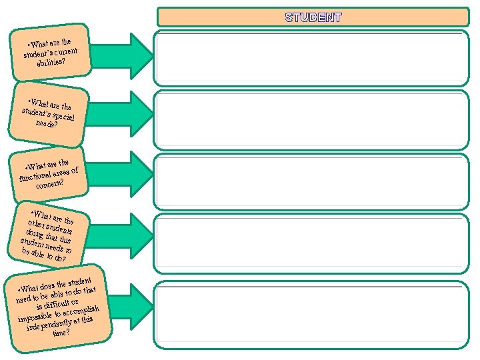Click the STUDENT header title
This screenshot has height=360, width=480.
(313, 17)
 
